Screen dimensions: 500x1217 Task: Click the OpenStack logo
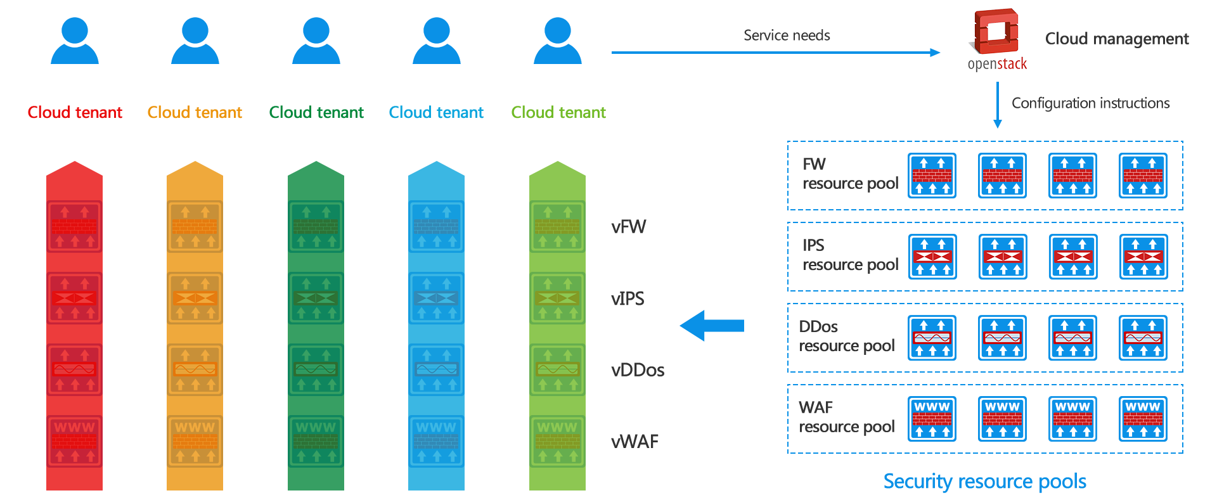(x=997, y=39)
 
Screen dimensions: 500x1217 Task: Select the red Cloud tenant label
(x=75, y=112)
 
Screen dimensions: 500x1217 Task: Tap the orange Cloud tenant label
(x=195, y=112)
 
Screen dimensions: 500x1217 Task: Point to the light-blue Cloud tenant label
(x=436, y=112)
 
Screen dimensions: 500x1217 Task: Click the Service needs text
(x=787, y=35)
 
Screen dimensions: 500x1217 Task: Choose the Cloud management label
(x=1116, y=39)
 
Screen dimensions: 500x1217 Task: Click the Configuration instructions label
(x=1090, y=103)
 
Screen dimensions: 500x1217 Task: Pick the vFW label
(x=628, y=227)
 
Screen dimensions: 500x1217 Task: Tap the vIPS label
(x=628, y=298)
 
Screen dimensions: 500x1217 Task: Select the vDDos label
(x=637, y=370)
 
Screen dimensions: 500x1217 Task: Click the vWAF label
(x=634, y=442)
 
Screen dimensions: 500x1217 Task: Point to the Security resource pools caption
(x=984, y=482)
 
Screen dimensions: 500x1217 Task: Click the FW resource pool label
(x=849, y=174)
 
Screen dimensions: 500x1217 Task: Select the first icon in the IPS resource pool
(x=932, y=257)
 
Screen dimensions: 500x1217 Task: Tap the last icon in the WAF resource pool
(x=1143, y=419)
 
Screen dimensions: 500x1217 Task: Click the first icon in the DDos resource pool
(x=932, y=338)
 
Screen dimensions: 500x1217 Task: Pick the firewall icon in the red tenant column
(x=74, y=227)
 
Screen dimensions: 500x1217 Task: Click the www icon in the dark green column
(x=316, y=441)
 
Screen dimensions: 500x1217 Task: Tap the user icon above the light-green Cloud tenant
(x=558, y=41)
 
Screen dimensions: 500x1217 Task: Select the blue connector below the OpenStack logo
(x=997, y=105)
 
